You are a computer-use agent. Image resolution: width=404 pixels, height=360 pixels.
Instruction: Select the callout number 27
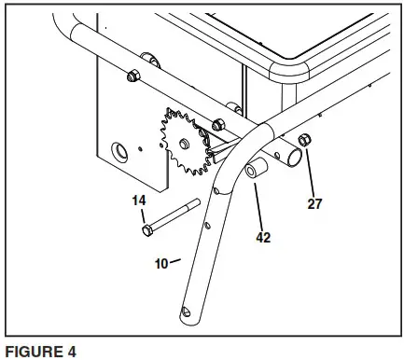[x=315, y=203]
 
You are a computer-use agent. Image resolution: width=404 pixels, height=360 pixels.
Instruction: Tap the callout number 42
[x=265, y=237]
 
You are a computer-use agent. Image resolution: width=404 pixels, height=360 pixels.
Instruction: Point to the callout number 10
[x=160, y=263]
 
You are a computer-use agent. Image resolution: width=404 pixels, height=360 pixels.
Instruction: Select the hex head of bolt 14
[x=146, y=228]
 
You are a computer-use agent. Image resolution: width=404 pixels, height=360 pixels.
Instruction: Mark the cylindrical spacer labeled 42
[x=256, y=173]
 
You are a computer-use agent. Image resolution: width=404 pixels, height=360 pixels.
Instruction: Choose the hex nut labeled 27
[x=304, y=141]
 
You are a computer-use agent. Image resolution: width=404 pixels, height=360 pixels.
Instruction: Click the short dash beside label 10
[x=175, y=261]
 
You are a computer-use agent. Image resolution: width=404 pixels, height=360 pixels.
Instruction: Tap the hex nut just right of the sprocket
[x=218, y=124]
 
